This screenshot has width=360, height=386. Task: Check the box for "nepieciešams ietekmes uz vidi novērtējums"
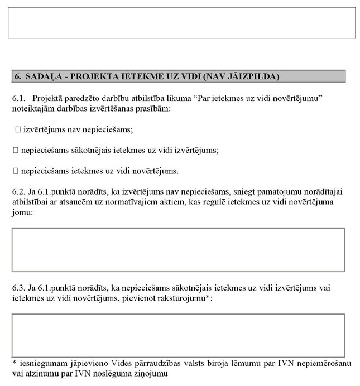pos(15,170)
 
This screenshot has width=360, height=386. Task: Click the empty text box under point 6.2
pos(178,249)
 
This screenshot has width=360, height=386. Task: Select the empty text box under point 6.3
pos(178,335)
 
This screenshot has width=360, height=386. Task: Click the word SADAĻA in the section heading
pos(41,75)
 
